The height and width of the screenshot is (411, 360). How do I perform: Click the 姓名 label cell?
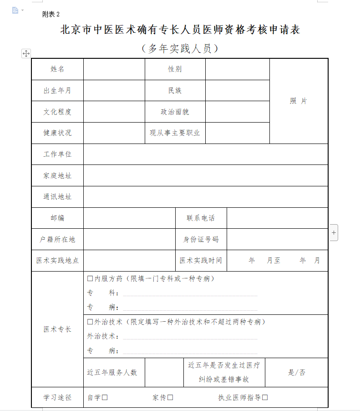(57, 69)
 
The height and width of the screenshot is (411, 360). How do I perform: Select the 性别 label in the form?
(175, 69)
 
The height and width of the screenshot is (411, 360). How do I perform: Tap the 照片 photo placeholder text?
(299, 101)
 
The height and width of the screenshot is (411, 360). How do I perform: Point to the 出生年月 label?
(57, 91)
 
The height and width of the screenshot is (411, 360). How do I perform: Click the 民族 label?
(175, 91)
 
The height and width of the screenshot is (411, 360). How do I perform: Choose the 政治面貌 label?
(175, 112)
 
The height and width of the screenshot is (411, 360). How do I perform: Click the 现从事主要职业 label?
(175, 133)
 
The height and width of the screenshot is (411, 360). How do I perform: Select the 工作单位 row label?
(57, 154)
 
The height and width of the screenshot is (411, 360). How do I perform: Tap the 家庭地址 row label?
(57, 176)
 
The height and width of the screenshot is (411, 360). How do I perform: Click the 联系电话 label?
(201, 218)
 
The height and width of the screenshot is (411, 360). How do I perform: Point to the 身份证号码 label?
(201, 239)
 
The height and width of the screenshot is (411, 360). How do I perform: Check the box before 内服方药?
(90, 278)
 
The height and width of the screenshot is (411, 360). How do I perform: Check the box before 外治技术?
(90, 322)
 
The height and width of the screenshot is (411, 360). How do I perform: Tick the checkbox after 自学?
(105, 397)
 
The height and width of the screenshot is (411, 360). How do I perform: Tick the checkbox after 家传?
(170, 397)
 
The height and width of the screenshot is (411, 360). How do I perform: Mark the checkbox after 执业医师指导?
(265, 397)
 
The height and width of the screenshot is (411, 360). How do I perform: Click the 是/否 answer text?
(297, 373)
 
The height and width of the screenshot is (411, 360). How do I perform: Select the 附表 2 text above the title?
(51, 15)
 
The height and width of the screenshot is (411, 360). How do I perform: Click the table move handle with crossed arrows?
(26, 53)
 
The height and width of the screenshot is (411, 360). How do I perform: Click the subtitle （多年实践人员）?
(180, 48)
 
